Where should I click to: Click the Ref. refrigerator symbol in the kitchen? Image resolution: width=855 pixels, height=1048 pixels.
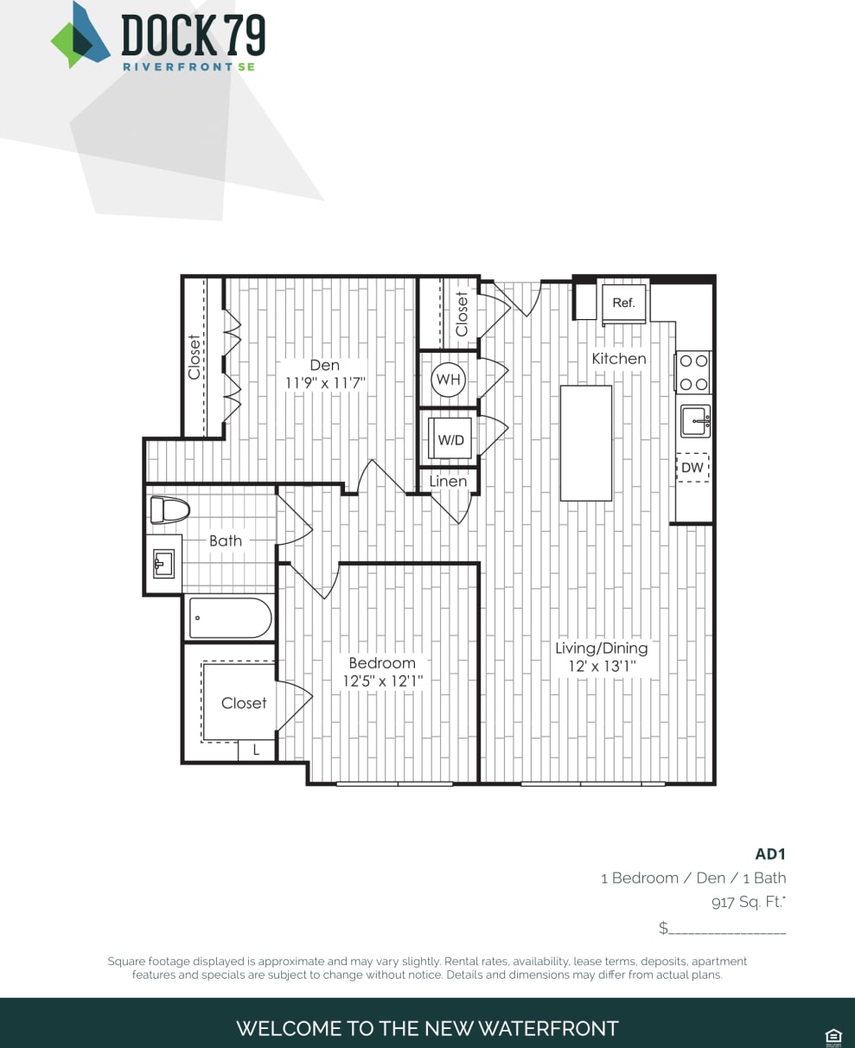coord(623,304)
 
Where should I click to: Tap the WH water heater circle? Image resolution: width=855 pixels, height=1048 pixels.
coord(449,380)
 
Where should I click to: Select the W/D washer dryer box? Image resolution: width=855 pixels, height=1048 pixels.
coord(450,439)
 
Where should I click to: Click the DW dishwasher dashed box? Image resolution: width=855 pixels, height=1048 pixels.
coord(692,468)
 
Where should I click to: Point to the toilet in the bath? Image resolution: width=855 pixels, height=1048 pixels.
coord(169,510)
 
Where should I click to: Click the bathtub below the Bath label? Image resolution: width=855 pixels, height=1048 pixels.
coord(230,618)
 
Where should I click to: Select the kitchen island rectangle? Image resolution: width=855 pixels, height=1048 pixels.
coord(586,443)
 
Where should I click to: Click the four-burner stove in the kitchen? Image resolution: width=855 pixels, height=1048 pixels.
coord(693,372)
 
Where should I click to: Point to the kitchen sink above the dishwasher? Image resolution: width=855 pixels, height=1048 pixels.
coord(695,421)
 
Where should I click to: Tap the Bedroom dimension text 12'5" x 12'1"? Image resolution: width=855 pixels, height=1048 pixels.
coord(382,681)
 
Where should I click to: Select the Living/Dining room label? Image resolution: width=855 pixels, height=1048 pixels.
coord(601,648)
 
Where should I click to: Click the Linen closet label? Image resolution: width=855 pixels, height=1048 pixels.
coord(448,482)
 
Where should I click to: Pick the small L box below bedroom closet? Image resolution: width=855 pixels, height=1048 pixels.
coord(256,751)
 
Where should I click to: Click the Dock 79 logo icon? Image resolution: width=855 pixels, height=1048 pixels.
coord(80,35)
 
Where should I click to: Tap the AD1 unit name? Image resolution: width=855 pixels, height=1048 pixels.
coord(770,853)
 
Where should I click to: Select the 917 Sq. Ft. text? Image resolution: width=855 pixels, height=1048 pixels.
coord(748,903)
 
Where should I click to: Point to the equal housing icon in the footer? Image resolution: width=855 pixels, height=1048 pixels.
coord(833,1036)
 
